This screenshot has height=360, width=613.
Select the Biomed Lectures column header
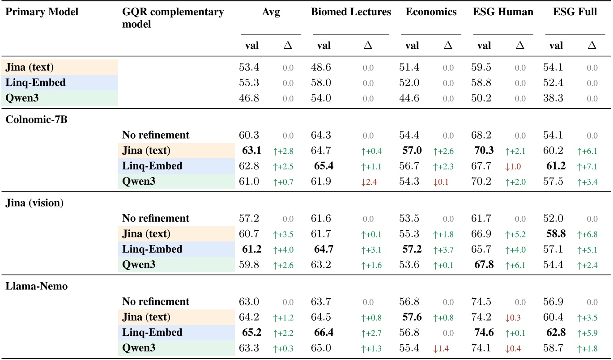tap(351, 12)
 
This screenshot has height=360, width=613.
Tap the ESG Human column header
tap(503, 12)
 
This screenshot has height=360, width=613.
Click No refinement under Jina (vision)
tap(155, 218)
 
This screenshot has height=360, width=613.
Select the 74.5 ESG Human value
tap(481, 301)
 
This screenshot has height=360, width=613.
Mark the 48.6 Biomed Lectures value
tap(321, 68)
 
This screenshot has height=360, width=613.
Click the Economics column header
tap(431, 12)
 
